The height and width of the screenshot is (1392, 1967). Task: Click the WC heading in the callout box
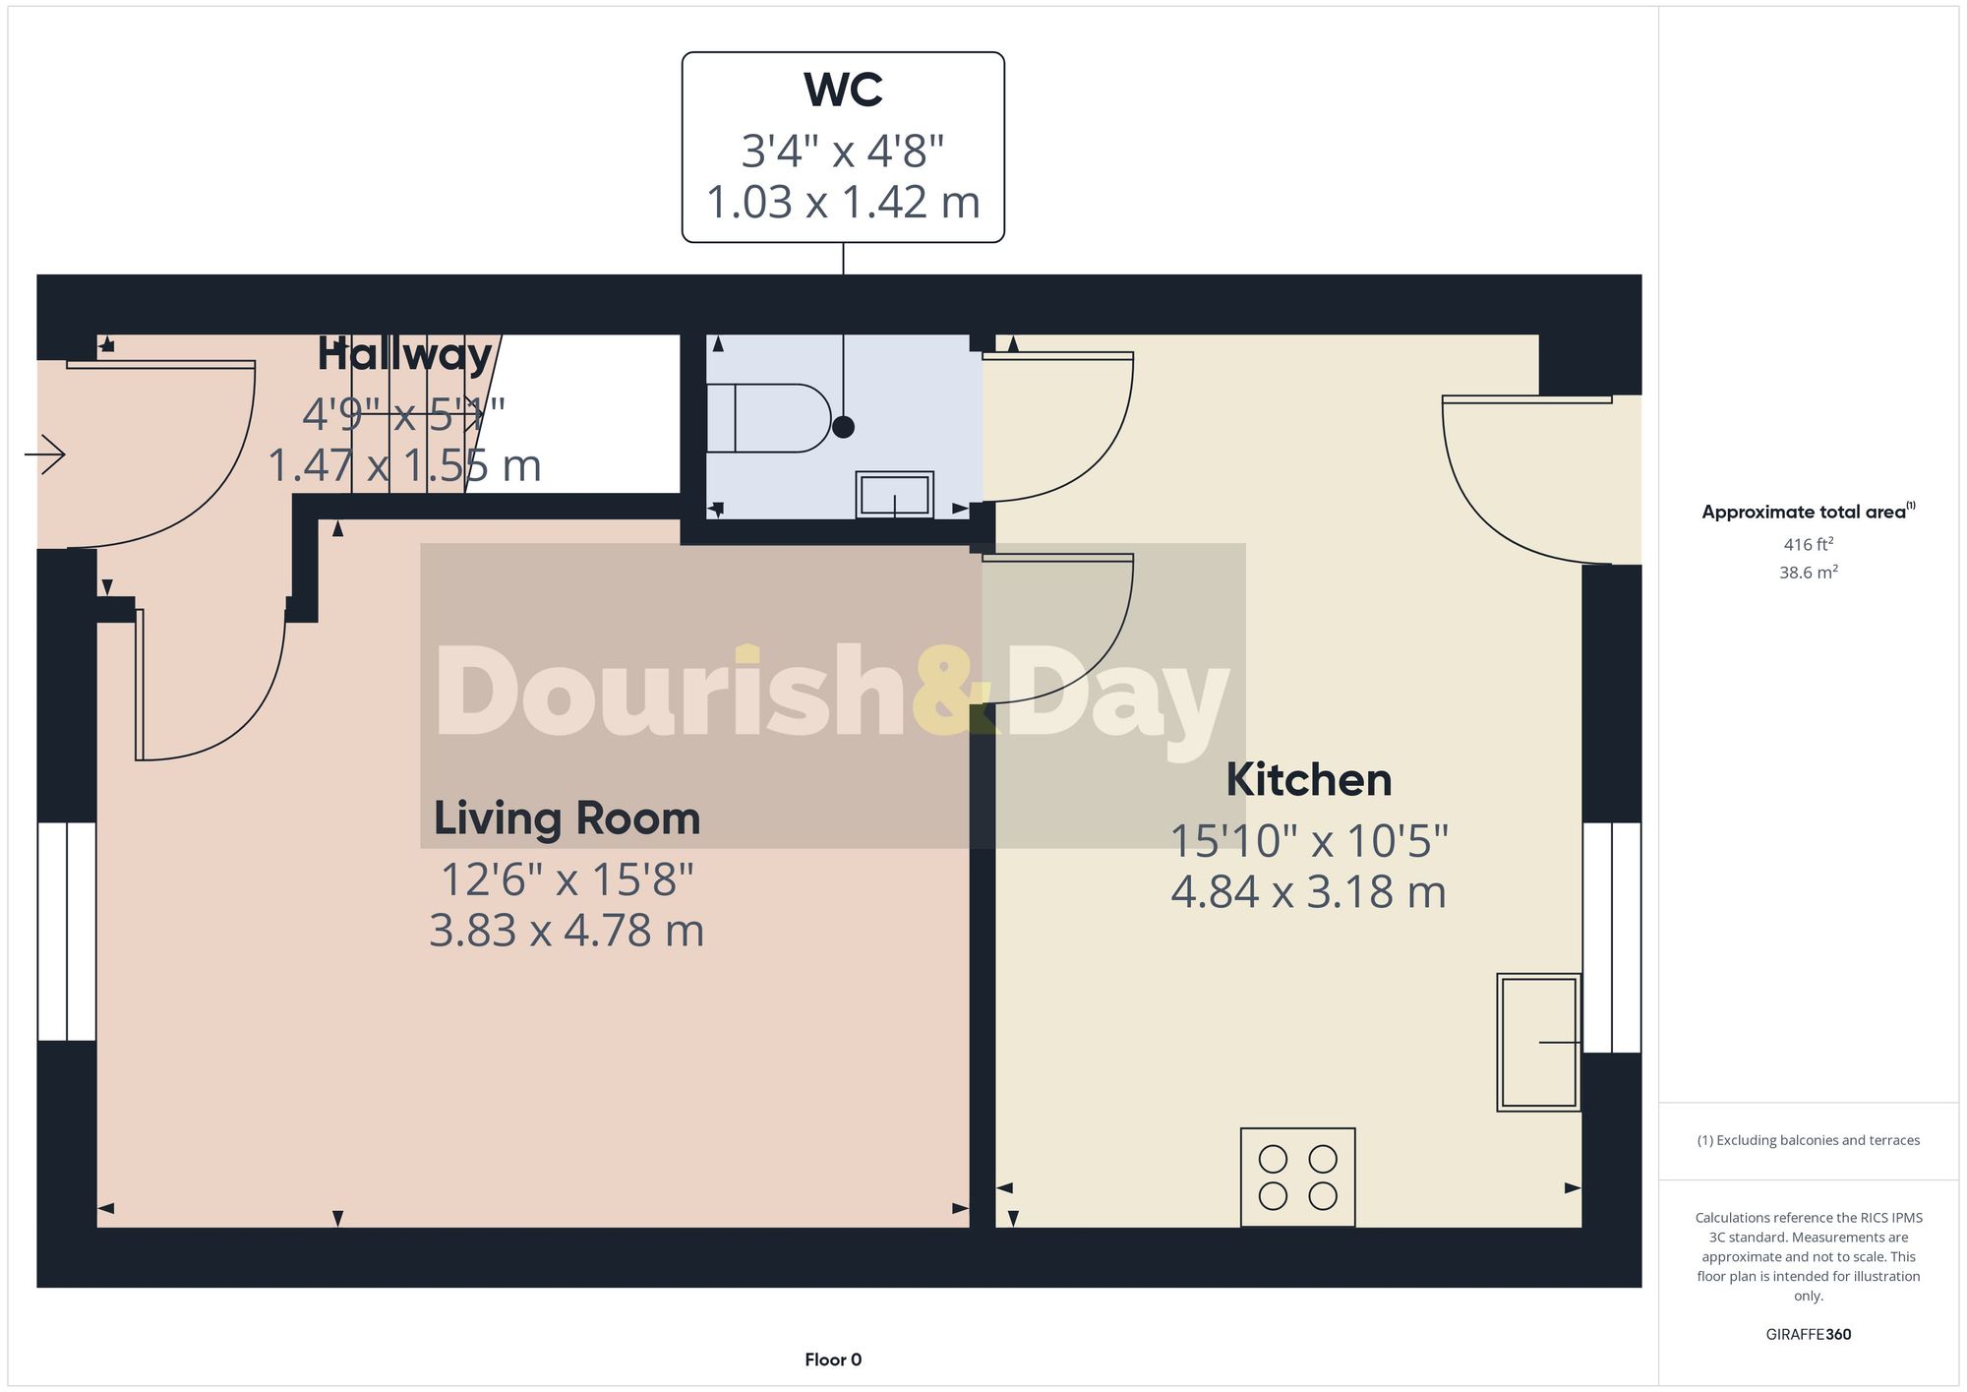tap(843, 91)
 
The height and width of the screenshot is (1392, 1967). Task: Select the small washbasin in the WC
tap(894, 495)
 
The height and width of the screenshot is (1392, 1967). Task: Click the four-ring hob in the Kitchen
tap(1297, 1177)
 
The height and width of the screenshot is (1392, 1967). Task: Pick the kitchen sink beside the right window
tap(1538, 1042)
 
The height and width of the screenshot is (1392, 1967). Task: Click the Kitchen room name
tap(1308, 780)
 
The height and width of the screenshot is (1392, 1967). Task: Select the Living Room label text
tap(566, 818)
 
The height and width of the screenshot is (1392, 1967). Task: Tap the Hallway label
tap(404, 355)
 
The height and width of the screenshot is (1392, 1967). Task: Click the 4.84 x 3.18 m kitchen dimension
tap(1308, 892)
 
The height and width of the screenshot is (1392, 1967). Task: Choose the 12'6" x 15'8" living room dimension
tap(566, 879)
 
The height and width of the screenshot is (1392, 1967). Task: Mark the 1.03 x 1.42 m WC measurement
tap(843, 203)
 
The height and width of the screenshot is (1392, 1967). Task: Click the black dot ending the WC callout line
tap(843, 427)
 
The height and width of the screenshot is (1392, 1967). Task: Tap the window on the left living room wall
tap(67, 932)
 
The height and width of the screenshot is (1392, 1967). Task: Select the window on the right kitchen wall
tap(1611, 938)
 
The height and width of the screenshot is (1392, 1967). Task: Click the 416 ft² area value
tap(1808, 544)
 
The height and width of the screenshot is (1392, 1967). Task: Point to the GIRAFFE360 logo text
tap(1808, 1335)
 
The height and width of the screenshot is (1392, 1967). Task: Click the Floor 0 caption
tap(833, 1360)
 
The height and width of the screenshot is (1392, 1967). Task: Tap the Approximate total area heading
tap(1804, 512)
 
